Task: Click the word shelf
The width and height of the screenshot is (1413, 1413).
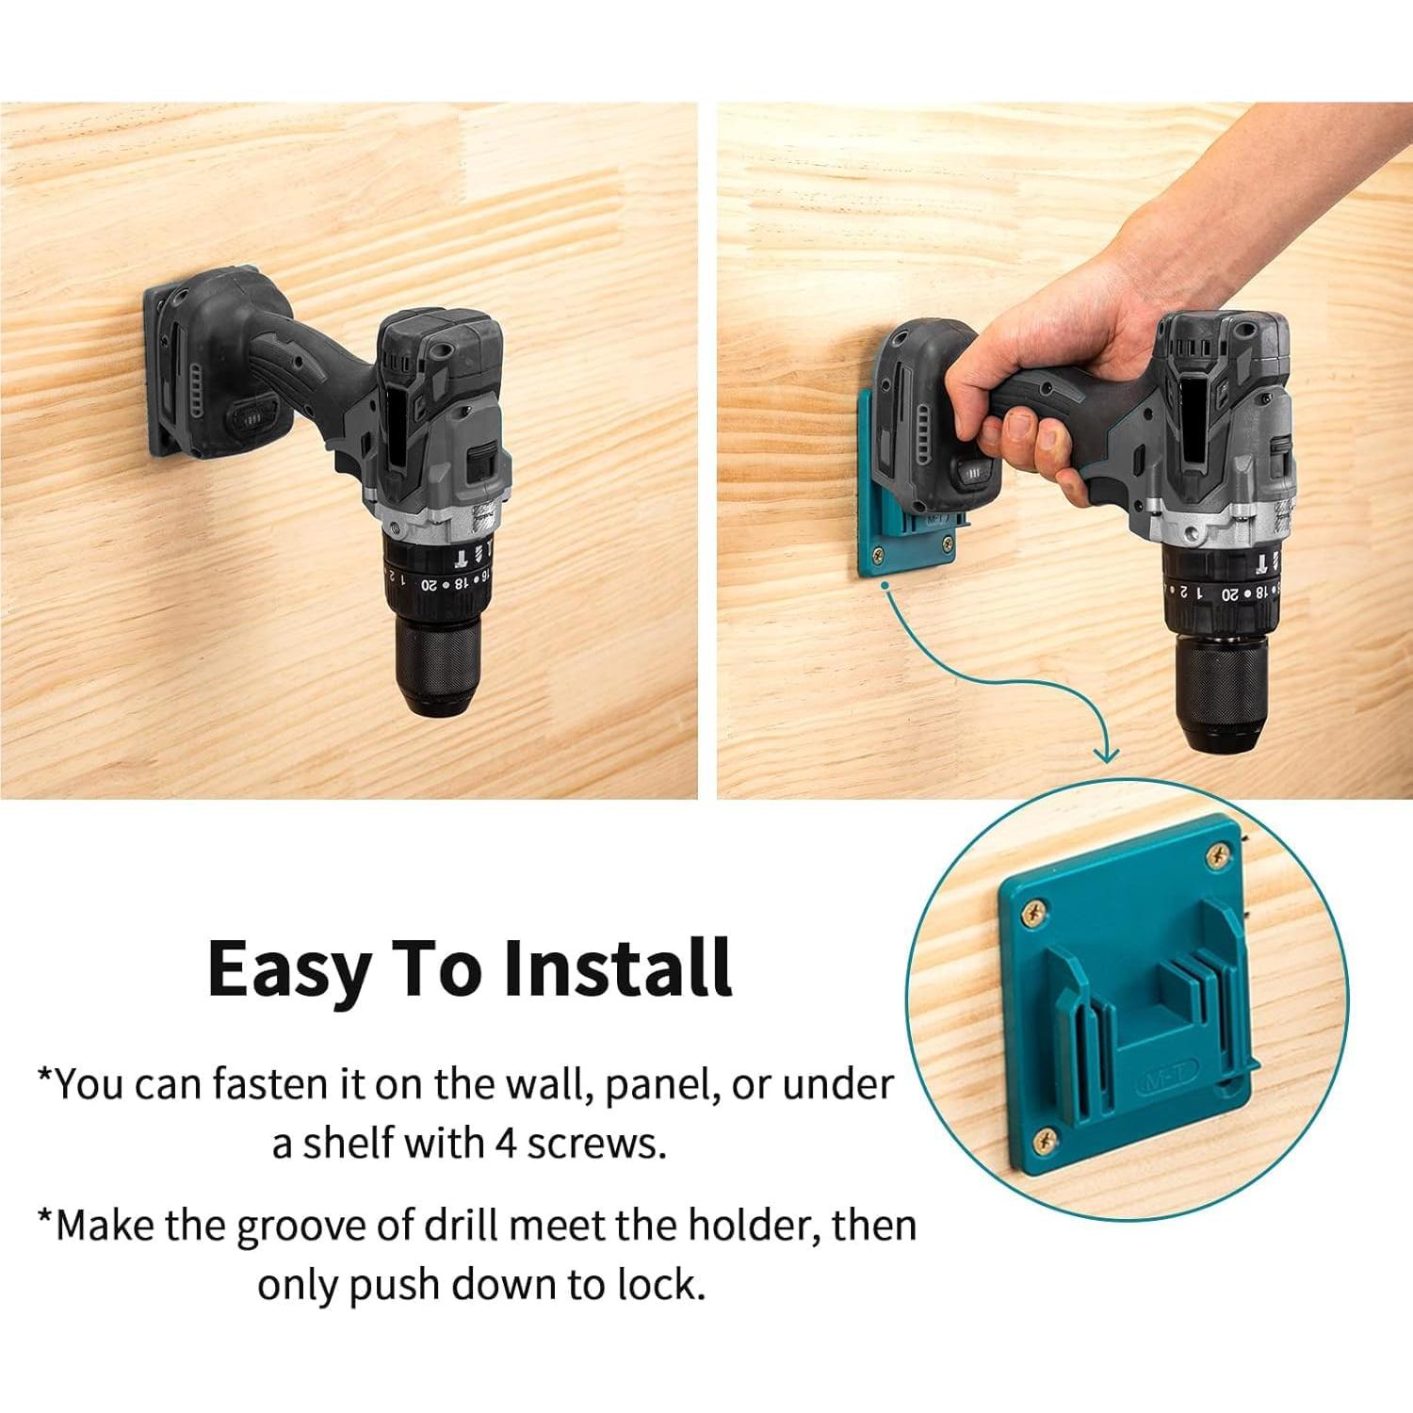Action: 346,1142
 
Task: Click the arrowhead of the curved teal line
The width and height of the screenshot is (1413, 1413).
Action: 1107,753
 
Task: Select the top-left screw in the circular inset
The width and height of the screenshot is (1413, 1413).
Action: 1035,912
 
